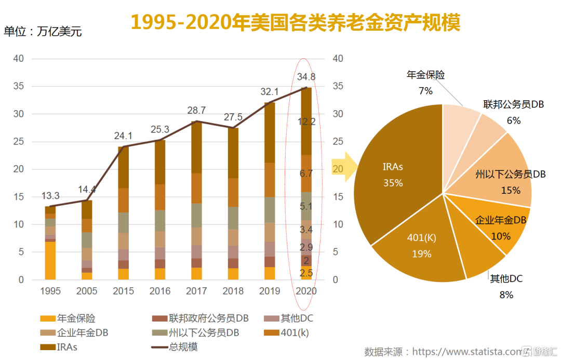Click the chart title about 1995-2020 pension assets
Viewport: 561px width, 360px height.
(x=295, y=22)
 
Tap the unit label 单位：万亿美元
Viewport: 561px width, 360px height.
(x=43, y=32)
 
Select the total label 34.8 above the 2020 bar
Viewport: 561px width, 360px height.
(x=306, y=77)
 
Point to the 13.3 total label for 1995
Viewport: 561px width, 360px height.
(x=50, y=196)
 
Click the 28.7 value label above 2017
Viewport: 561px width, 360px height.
(x=196, y=110)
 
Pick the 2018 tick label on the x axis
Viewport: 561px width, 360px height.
(x=233, y=291)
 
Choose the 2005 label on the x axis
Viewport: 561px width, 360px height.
(x=86, y=291)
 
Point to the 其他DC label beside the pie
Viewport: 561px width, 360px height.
(x=506, y=279)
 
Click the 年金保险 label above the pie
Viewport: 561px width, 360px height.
(x=425, y=75)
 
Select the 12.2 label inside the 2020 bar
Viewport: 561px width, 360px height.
(x=306, y=122)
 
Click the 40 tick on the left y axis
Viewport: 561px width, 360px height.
(x=19, y=59)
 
